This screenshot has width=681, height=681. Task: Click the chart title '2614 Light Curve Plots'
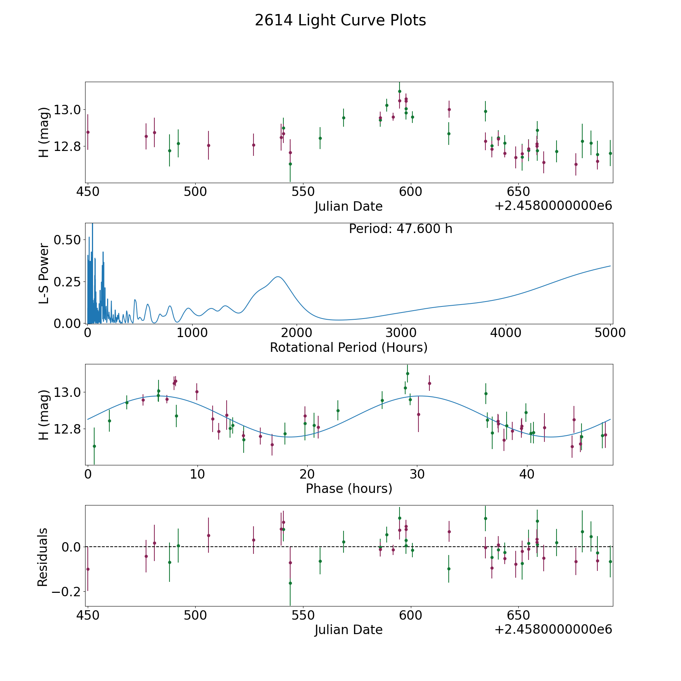click(340, 20)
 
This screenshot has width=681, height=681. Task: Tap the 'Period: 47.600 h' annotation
click(400, 229)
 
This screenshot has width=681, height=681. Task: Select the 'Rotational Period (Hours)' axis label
click(348, 347)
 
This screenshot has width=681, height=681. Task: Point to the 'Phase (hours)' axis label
click(349, 488)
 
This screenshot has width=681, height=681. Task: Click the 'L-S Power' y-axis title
click(44, 274)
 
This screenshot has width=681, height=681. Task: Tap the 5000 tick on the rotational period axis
click(610, 333)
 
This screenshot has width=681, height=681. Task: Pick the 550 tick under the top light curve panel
click(303, 192)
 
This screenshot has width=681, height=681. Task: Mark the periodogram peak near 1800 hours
click(278, 277)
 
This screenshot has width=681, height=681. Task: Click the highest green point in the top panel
click(400, 91)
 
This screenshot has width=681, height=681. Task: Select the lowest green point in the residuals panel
click(290, 583)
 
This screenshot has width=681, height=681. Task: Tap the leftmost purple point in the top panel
click(88, 132)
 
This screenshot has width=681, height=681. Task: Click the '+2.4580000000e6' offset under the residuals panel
click(553, 630)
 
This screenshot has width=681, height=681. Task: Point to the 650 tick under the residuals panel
click(518, 615)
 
